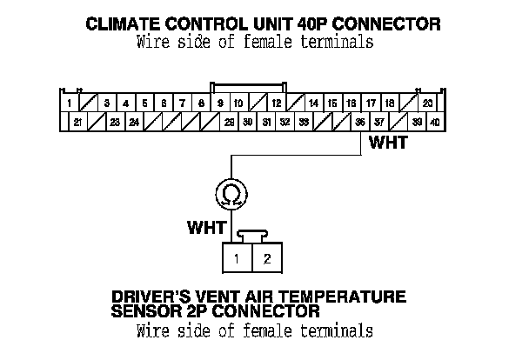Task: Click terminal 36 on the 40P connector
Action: click(360, 123)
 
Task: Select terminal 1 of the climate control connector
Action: click(69, 103)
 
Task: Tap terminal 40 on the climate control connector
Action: click(435, 123)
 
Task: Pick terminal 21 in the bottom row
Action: click(78, 123)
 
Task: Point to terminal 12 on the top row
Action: click(276, 103)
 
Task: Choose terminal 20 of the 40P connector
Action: click(427, 103)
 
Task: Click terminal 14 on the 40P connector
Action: click(314, 103)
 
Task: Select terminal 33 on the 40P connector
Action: click(304, 123)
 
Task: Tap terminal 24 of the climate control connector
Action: click(135, 123)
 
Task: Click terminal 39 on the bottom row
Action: click(417, 123)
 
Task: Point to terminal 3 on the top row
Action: click(107, 103)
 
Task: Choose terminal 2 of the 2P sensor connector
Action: click(267, 258)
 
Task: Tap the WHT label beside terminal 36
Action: click(387, 143)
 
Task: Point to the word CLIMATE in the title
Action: click(122, 23)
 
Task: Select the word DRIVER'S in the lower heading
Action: click(150, 297)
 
